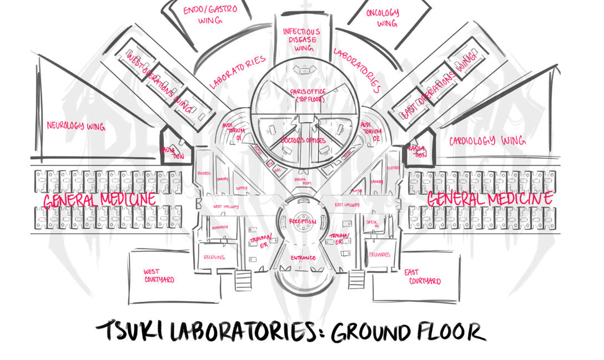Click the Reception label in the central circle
303,222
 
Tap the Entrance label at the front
303,258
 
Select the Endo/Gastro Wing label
210,14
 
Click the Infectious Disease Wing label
301,39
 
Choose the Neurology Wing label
75,126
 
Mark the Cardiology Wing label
487,141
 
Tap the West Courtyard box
159,276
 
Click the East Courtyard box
423,276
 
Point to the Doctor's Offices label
303,140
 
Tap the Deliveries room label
379,254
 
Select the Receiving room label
214,257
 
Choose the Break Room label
303,182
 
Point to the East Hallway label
346,206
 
